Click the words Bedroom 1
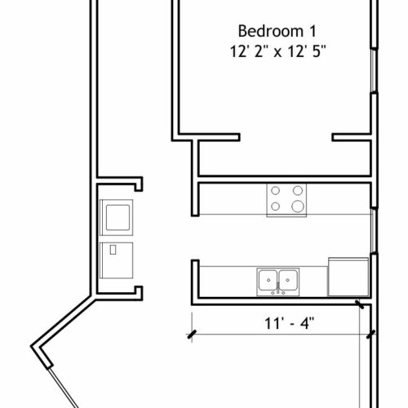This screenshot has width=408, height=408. point(277,31)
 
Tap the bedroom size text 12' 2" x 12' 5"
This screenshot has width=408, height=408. point(277,51)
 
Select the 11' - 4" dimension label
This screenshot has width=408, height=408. point(289,323)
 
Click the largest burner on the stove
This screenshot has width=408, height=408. point(298,206)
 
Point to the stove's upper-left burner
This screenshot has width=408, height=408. point(275,191)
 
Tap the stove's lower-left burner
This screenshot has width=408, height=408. point(275,206)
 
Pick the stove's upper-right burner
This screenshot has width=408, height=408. point(298,190)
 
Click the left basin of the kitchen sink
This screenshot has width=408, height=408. point(268,280)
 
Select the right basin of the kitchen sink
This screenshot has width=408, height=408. point(288,280)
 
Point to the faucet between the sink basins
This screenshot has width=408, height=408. point(278,289)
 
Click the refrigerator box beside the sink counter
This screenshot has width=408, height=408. point(348,277)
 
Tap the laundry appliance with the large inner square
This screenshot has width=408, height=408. point(117,217)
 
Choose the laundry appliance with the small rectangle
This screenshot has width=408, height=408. point(117,260)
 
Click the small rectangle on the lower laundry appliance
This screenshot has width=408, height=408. point(113,250)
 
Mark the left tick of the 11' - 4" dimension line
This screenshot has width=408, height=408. point(192,335)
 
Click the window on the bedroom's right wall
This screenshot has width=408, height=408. point(374,70)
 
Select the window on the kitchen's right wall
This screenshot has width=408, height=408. point(375,231)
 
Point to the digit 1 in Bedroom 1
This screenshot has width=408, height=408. point(313,32)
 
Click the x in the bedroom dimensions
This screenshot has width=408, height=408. point(277,52)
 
